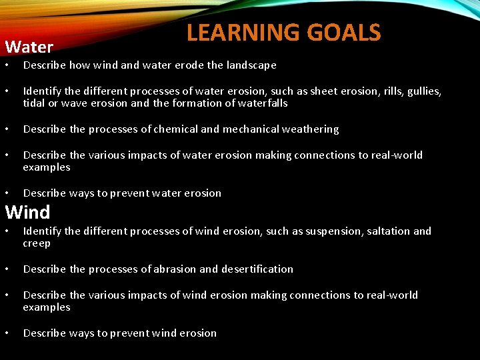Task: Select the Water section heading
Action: (x=29, y=47)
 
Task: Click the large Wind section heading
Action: (x=27, y=213)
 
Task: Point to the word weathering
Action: (x=312, y=129)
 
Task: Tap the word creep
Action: (x=37, y=244)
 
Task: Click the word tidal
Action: (x=35, y=103)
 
